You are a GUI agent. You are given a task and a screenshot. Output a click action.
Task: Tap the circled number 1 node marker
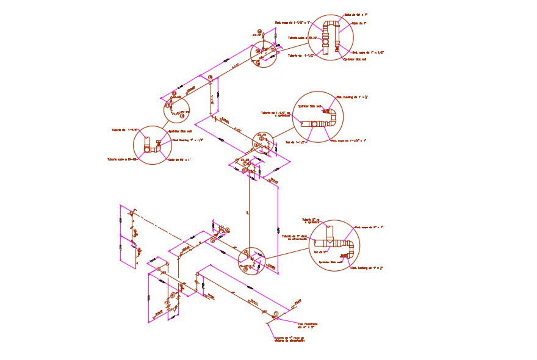tap(276, 314)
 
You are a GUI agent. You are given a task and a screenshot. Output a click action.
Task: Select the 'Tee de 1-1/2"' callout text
tap(295, 142)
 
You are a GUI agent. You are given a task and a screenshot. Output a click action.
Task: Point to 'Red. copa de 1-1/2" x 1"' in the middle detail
tap(348, 140)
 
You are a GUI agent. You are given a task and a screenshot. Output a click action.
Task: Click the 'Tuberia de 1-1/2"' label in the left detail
tap(121, 130)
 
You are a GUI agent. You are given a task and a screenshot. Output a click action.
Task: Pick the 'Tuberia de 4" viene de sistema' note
tap(289, 339)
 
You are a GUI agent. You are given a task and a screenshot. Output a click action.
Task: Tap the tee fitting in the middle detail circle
tap(314, 123)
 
